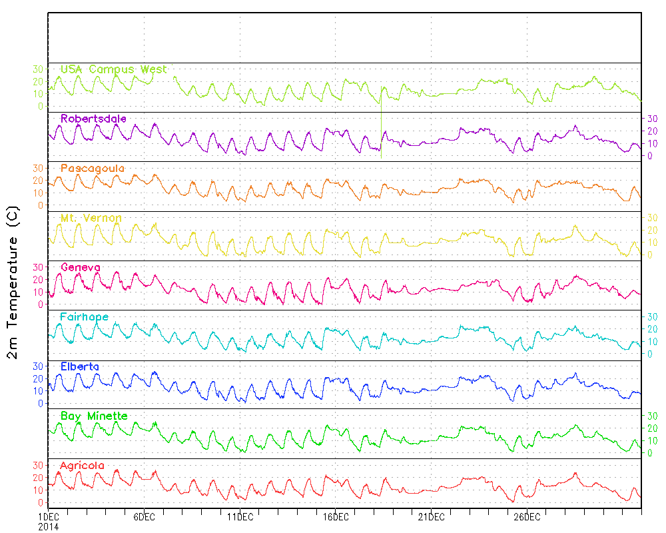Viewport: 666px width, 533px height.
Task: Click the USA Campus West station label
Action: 113,69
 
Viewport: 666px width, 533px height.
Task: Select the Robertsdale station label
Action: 93,119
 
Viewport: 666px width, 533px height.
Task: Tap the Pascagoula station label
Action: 93,169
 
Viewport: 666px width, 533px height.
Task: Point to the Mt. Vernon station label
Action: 91,218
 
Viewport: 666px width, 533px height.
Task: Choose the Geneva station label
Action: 81,267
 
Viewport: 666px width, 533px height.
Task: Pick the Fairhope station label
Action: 84,317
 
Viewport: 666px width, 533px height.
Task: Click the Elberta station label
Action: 80,366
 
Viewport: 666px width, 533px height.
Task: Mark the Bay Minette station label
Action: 94,416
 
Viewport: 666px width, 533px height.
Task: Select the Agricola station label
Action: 82,466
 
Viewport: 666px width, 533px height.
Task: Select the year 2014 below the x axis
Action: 48,526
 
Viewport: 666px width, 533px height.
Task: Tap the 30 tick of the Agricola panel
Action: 38,465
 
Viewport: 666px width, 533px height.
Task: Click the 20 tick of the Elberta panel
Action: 38,378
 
